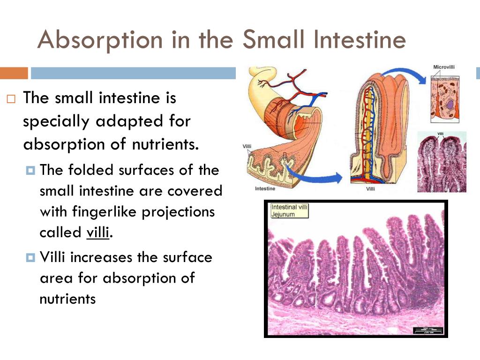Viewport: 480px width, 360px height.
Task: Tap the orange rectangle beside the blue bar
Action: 14,73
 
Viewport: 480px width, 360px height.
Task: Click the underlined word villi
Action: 97,232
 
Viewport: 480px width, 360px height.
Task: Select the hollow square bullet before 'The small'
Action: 11,99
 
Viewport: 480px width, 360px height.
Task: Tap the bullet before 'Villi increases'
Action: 31,257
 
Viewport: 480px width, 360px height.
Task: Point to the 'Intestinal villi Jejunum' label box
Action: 290,210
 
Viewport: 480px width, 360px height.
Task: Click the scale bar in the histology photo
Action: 427,330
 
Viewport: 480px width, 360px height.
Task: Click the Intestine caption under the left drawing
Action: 265,188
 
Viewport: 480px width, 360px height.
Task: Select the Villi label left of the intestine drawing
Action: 247,147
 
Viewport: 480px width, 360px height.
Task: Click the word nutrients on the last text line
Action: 67,299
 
